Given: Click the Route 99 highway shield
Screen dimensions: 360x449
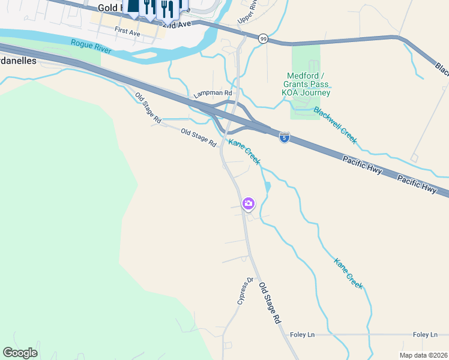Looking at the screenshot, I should (x=264, y=38).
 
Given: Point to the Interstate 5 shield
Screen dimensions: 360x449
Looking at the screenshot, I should (x=285, y=138).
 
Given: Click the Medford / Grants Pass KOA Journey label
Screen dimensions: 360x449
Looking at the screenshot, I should (x=308, y=84).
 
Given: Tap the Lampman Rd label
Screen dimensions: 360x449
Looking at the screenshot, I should (x=212, y=94).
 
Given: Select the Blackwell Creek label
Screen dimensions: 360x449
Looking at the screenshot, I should (x=335, y=125).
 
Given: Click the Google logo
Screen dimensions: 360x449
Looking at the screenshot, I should (x=20, y=353).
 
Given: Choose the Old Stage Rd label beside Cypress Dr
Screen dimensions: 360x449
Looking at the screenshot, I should (x=270, y=304).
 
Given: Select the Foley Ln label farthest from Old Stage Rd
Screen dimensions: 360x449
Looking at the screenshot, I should (x=425, y=335).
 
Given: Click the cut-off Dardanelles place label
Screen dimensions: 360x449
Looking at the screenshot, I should (x=18, y=61).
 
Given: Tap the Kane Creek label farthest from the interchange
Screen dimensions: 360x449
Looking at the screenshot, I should (x=349, y=274).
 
